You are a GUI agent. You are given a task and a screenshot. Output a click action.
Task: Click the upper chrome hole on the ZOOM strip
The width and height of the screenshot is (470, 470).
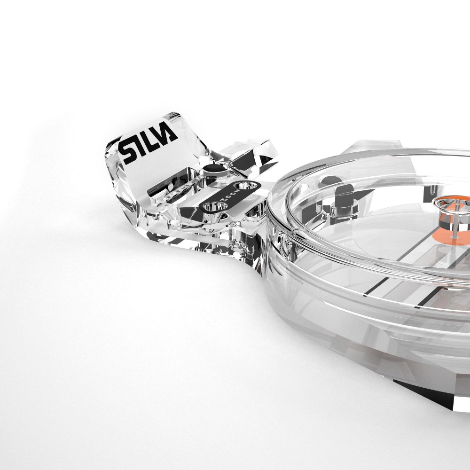pos(245,186)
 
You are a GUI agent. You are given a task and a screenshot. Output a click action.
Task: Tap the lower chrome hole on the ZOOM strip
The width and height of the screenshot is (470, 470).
pos(216,206)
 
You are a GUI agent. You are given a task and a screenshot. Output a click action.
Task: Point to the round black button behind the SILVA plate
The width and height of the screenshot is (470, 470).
pos(214,168)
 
